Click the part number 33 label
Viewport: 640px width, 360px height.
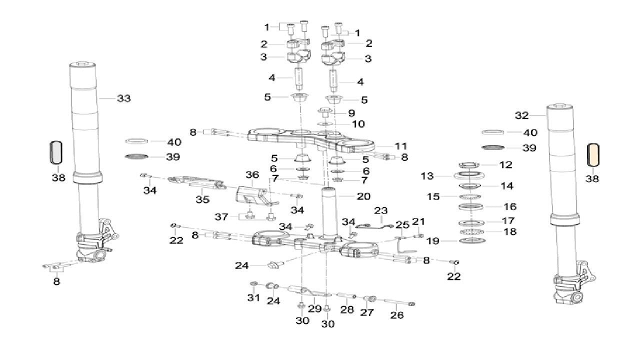coord(123,98)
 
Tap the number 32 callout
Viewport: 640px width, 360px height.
coord(521,116)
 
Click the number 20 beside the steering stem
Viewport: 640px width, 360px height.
coord(363,196)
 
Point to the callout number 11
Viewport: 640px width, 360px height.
coord(400,146)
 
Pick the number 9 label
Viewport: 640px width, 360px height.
coord(351,113)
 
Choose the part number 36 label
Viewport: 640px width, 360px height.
coord(252,175)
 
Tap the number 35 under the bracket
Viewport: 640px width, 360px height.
coord(201,200)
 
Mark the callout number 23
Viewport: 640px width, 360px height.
coord(381,211)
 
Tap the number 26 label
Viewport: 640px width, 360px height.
coord(397,315)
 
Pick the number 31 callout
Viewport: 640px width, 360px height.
coord(253,298)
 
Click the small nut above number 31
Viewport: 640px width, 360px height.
coord(253,284)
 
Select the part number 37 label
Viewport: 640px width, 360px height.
coord(221,217)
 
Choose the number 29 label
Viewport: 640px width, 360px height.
coord(314,308)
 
